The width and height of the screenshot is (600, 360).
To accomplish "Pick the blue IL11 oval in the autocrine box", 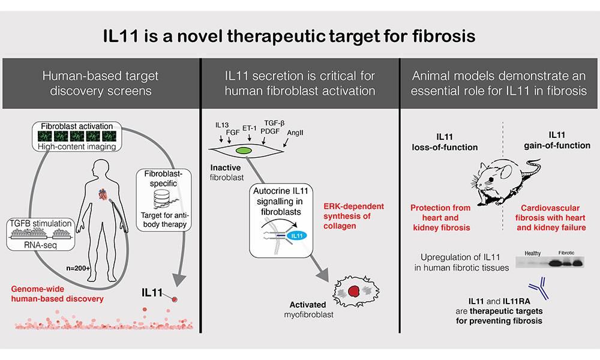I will tap(295, 236).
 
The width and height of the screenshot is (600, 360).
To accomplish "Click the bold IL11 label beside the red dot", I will tap(154, 293).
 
